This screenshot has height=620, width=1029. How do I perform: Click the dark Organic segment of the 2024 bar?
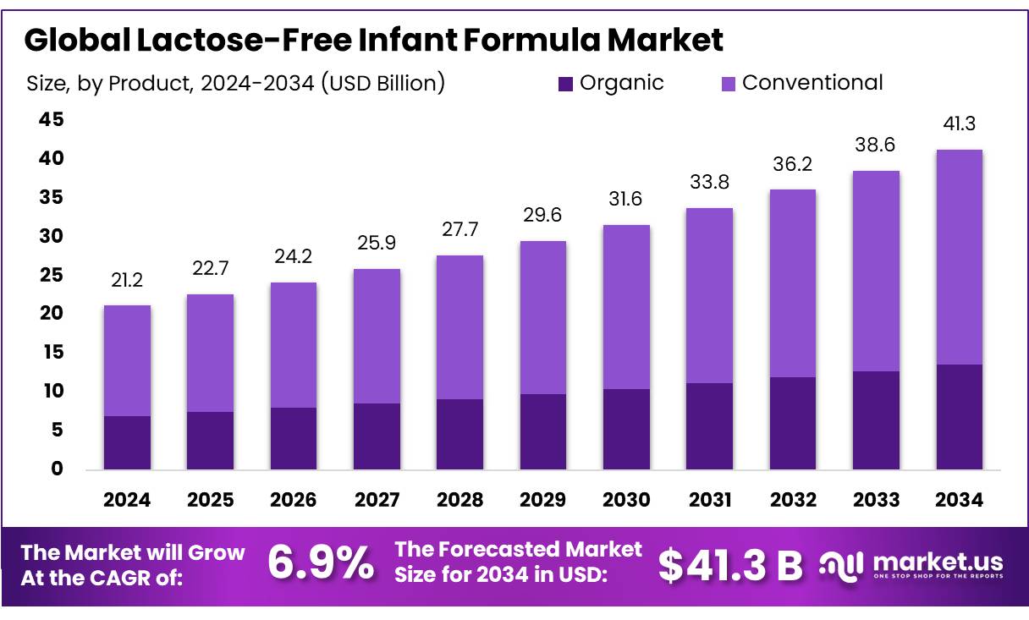pos(127,442)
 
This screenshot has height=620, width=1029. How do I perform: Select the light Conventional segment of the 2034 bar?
pos(960,257)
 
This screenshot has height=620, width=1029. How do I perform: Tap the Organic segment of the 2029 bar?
pos(543,431)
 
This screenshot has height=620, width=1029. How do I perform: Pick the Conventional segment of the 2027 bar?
pos(377,336)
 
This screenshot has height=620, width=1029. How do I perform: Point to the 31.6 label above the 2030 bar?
pos(626,199)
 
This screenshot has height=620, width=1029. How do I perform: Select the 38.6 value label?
pos(876,145)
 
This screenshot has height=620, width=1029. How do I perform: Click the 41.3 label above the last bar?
pos(960,123)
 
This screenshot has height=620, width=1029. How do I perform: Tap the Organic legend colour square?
pos(565,84)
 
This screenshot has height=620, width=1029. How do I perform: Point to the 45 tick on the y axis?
pos(52,120)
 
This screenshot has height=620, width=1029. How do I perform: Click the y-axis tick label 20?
pos(52,314)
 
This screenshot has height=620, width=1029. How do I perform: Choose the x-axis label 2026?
pos(294,500)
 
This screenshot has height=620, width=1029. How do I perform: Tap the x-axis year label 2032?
pos(793,500)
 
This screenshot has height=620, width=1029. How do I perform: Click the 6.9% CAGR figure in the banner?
pos(320,564)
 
